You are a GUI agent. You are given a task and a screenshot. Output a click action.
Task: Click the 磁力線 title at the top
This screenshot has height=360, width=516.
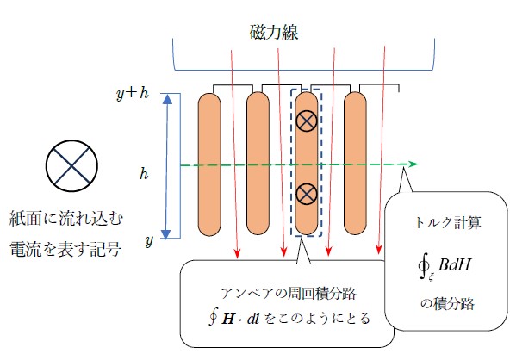pos(274,32)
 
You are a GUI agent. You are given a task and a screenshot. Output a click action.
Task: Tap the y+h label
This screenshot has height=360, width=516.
pos(133,94)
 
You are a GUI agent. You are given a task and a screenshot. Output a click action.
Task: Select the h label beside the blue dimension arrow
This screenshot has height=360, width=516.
pos(144,173)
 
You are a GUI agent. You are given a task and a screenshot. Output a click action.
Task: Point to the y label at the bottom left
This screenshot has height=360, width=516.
pos(149,241)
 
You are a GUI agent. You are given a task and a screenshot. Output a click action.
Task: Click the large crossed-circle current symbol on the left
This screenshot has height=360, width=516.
pos(71,165)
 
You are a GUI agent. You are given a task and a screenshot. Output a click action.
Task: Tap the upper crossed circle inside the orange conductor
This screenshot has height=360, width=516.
pos(307,121)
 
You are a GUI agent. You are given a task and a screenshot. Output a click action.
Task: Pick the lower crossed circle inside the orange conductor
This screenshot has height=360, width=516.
pos(307,194)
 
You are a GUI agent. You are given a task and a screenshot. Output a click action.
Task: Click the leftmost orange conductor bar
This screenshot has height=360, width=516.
pos(209,164)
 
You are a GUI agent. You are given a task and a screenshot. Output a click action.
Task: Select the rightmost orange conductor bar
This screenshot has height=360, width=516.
pos(355,164)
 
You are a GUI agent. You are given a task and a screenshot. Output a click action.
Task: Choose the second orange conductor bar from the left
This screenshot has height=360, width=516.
pos(258,164)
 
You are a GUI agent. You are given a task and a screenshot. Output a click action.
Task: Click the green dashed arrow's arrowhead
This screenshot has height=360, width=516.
pos(413,164)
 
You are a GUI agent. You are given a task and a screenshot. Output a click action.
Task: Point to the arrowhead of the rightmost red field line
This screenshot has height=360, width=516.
pos(379,249)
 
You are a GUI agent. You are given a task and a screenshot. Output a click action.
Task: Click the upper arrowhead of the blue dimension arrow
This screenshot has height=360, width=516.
pos(168,99)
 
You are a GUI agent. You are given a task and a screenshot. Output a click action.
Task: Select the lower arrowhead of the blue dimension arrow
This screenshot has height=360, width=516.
pos(166,234)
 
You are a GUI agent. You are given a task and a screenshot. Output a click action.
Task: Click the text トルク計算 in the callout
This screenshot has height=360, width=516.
pos(448,222)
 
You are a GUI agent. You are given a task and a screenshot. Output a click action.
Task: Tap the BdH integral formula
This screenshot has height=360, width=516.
pos(445,267)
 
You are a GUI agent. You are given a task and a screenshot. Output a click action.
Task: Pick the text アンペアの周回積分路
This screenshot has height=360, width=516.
pos(289,293)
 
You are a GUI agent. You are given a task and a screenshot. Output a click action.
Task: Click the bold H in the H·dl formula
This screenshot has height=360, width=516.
pos(228,319)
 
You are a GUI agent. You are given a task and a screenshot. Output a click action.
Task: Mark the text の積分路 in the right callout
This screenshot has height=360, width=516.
pos(448,303)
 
